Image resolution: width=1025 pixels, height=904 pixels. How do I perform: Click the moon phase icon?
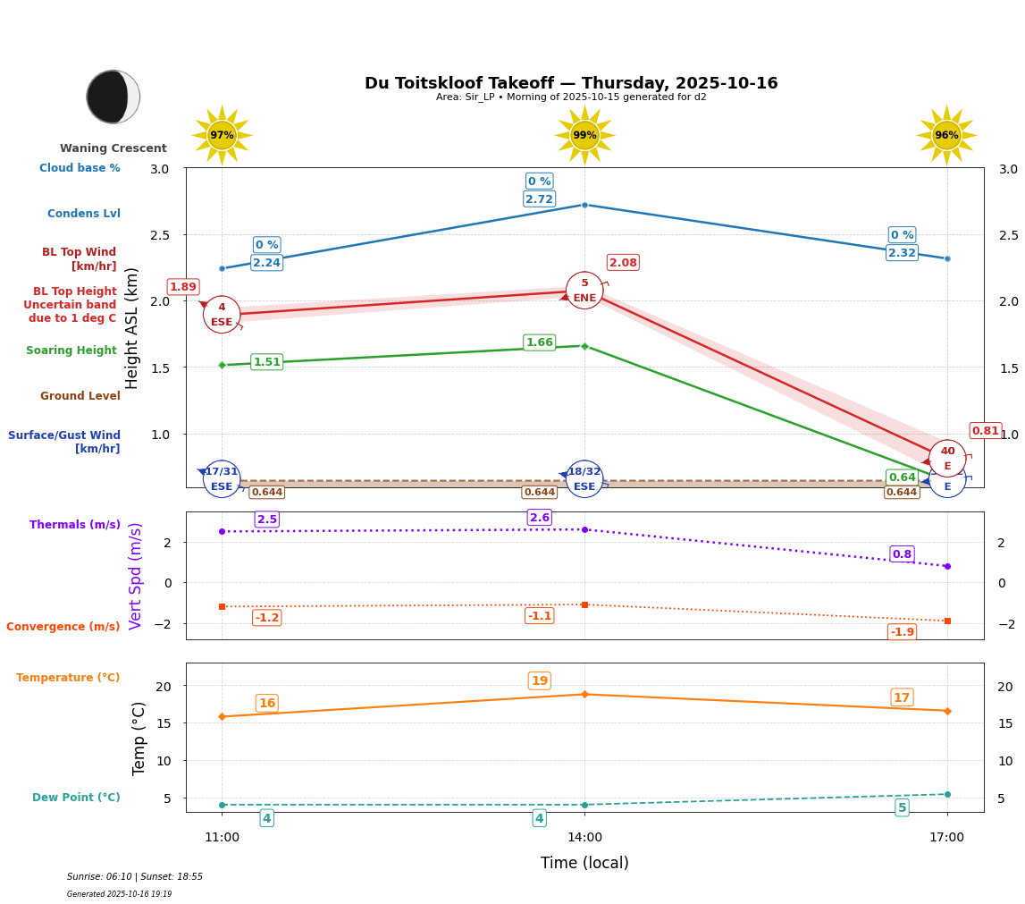(x=113, y=97)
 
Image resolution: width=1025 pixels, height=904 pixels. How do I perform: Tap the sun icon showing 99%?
(x=584, y=135)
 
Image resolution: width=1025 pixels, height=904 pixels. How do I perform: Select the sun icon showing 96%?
(x=946, y=135)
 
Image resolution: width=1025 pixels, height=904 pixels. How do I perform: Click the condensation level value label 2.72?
(x=539, y=199)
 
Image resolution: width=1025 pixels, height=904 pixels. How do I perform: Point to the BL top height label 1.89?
(x=183, y=287)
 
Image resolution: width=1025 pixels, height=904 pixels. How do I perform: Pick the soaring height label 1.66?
(x=539, y=342)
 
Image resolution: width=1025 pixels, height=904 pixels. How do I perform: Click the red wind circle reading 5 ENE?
(x=584, y=291)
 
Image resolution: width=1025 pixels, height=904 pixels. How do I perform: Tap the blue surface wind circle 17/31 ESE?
(x=222, y=479)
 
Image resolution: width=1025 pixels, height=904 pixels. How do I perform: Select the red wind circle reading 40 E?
(x=947, y=458)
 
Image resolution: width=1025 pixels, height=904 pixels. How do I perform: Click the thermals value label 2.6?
(x=539, y=518)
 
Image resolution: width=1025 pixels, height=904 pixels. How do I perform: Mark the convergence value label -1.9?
(x=902, y=632)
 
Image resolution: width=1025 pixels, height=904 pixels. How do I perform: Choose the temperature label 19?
(x=539, y=681)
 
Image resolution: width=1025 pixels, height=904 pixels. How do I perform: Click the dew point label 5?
(x=902, y=807)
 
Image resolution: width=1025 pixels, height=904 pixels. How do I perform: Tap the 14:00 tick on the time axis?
(x=584, y=838)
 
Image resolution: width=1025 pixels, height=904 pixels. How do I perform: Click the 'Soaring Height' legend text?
(x=71, y=351)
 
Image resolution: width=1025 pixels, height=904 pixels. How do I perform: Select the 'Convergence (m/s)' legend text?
(x=63, y=627)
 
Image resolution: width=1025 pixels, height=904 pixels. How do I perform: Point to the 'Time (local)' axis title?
(x=584, y=863)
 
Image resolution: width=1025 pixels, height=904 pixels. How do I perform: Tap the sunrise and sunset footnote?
(x=135, y=877)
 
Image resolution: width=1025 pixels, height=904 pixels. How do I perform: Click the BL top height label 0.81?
(x=986, y=431)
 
